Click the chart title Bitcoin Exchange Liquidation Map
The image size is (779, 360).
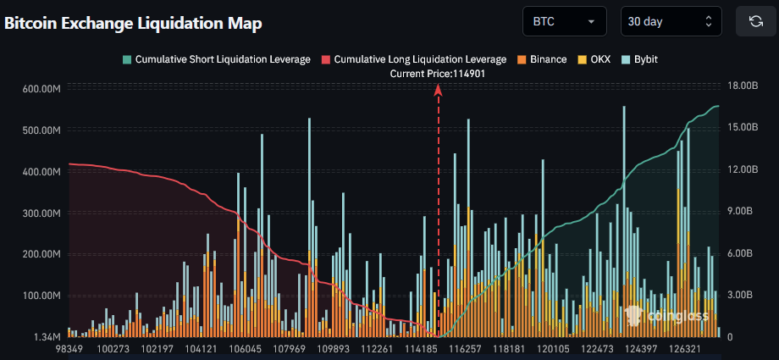[x=133, y=23]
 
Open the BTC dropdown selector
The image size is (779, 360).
[x=564, y=21]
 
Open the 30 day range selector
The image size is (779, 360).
[x=671, y=21]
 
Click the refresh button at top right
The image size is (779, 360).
[x=755, y=21]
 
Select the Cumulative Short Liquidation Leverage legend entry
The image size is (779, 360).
[x=216, y=59]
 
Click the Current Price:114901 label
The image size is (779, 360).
[x=438, y=74]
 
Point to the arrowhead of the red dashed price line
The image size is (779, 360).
[x=439, y=98]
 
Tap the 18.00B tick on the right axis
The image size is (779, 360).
[x=744, y=86]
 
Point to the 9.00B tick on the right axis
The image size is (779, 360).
[x=742, y=212]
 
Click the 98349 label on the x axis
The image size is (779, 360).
[x=69, y=349]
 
